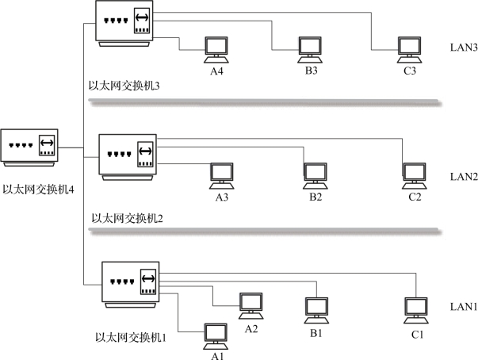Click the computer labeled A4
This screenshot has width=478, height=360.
[216, 50]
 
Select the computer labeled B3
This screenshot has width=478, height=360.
[309, 50]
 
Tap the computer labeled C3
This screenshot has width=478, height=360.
[409, 50]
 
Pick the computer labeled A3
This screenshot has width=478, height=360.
[221, 175]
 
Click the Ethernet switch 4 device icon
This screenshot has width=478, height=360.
[30, 148]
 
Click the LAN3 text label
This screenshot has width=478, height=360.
[462, 48]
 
